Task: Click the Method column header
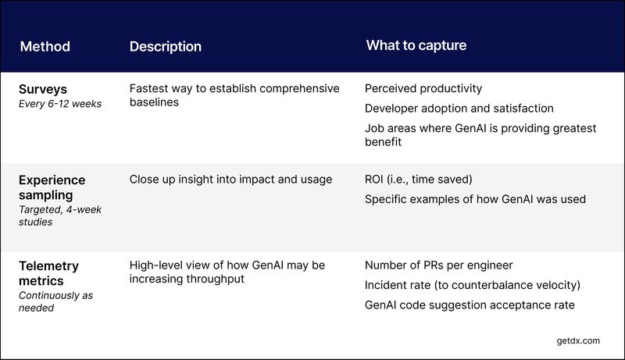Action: [45, 46]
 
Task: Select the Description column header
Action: [165, 46]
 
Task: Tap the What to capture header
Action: [416, 45]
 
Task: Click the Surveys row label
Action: [43, 89]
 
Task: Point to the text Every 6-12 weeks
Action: [60, 104]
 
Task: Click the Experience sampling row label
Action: [52, 187]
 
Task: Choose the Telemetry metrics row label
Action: [48, 273]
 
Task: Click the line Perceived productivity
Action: [423, 89]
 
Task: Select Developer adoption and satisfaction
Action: [459, 109]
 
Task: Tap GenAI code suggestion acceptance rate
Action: [470, 305]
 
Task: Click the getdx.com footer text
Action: [574, 340]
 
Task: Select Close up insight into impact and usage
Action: [230, 180]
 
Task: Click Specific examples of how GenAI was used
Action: [475, 199]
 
